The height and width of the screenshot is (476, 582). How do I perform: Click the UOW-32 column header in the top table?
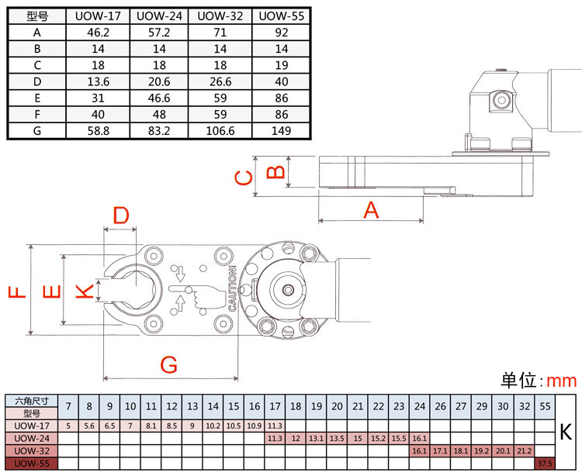coord(220,16)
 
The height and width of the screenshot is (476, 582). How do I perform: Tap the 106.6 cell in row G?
coord(220,131)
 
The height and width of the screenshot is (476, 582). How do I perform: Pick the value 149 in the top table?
coord(281,131)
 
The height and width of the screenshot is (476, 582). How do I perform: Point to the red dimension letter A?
coord(371,209)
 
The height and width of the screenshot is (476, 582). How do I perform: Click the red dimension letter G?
coord(170,364)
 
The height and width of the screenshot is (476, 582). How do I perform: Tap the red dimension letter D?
coord(120,216)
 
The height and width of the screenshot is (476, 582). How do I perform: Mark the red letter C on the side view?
coord(244,178)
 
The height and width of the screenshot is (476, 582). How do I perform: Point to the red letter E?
coord(50,292)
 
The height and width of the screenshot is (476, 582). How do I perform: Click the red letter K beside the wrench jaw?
coord(84,291)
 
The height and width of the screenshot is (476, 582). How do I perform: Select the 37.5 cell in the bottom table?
coord(545,463)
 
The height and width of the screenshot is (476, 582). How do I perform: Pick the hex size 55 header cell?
coord(545,405)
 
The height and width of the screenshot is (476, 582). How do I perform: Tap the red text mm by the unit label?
coord(562,381)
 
